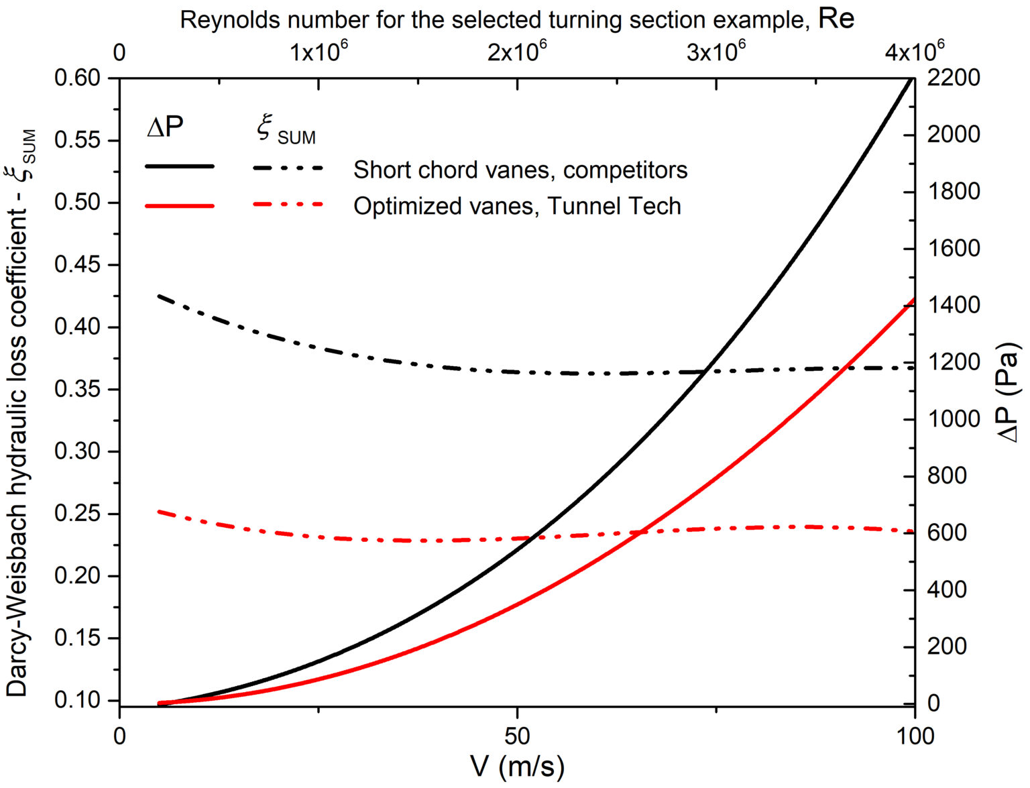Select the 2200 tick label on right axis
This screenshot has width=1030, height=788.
(953, 78)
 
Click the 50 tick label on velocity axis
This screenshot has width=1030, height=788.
(517, 736)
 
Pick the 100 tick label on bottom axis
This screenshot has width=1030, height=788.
(915, 736)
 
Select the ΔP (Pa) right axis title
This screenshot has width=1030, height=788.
(1009, 392)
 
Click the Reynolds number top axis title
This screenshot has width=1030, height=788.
(517, 19)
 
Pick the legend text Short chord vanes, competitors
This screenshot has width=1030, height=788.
(520, 170)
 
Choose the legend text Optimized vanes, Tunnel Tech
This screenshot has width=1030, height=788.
(517, 206)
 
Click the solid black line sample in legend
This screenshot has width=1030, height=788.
(180, 166)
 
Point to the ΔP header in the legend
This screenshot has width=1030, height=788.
(165, 126)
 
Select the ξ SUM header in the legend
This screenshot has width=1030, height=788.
(286, 130)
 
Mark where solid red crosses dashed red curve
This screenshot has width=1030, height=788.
(642, 532)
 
